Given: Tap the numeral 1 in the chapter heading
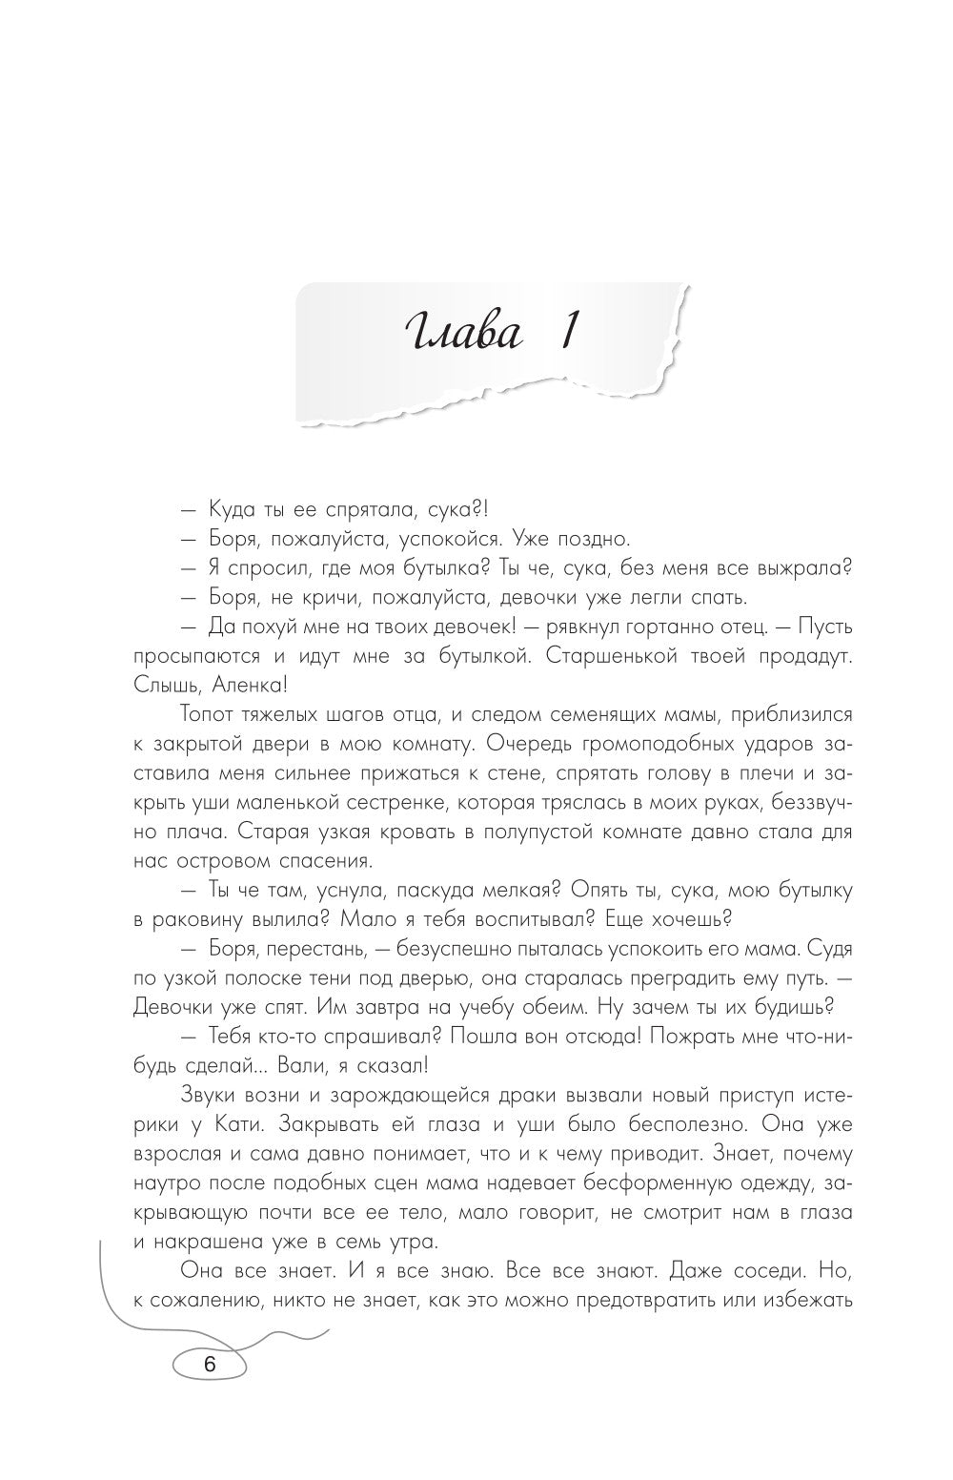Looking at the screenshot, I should point(563,336).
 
